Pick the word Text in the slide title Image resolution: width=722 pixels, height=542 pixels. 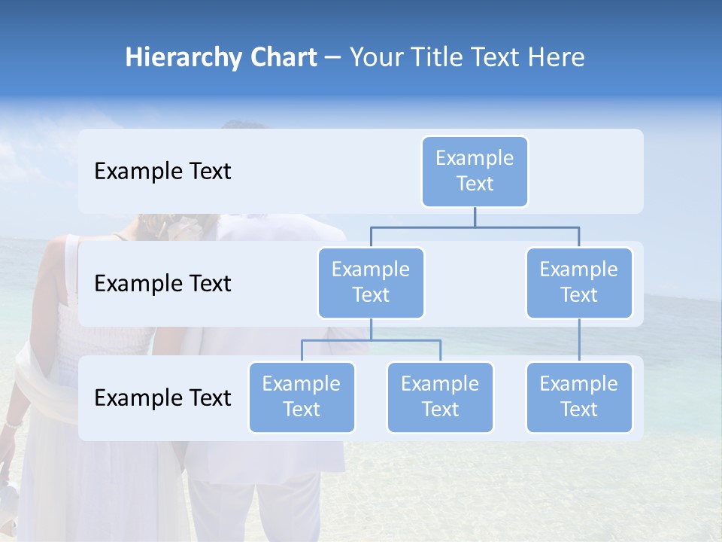click(x=497, y=58)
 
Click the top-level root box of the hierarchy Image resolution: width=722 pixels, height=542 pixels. click(x=475, y=171)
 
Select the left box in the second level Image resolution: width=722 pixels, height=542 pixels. click(x=371, y=282)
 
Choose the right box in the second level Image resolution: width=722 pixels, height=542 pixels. click(x=579, y=282)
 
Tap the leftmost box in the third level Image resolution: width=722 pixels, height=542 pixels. click(x=302, y=397)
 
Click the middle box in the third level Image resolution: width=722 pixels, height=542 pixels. click(x=440, y=397)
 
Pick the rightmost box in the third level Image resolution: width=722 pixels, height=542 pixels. click(x=579, y=397)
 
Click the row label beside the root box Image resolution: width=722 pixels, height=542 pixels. click(x=162, y=172)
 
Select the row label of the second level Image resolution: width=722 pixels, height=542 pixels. click(x=162, y=284)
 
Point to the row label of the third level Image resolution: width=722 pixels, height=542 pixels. click(x=162, y=397)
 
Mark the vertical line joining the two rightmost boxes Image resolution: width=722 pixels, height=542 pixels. click(x=579, y=340)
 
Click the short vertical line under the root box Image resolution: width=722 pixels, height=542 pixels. click(x=475, y=217)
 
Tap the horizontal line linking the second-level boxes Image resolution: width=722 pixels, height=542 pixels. click(x=475, y=227)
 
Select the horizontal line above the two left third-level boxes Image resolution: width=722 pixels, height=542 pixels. click(x=371, y=340)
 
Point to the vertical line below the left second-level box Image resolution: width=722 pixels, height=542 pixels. click(x=371, y=329)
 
